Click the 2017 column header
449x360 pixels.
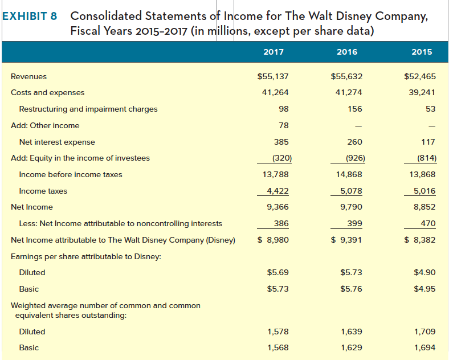click(274, 52)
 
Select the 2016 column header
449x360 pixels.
click(347, 52)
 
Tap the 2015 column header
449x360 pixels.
click(421, 52)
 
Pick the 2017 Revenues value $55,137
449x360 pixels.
click(274, 76)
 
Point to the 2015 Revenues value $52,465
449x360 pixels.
click(419, 76)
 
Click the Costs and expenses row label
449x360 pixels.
click(47, 92)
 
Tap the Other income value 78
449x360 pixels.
click(283, 125)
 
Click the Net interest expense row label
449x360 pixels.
click(57, 142)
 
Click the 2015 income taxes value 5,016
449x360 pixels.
click(423, 191)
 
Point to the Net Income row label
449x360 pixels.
click(32, 207)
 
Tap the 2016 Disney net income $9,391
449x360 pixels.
click(347, 240)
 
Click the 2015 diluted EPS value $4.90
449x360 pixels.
click(424, 272)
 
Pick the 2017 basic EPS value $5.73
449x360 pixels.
click(278, 289)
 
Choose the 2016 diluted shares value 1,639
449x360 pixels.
click(351, 332)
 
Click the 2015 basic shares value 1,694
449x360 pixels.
click(424, 347)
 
